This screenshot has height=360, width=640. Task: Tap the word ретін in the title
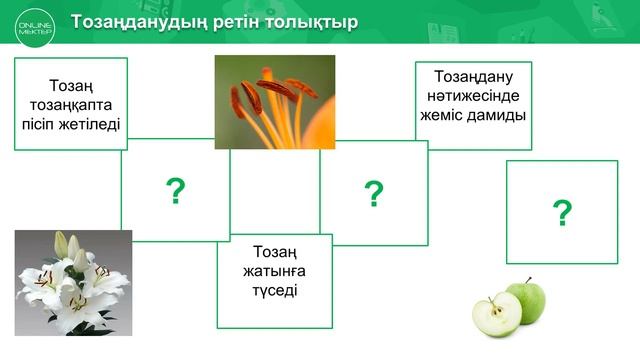pyautogui.click(x=225, y=22)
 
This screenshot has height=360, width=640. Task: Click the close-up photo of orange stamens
pyautogui.click(x=275, y=101)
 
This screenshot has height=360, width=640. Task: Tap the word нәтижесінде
pyautogui.click(x=472, y=95)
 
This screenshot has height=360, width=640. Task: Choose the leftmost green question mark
pyautogui.click(x=176, y=190)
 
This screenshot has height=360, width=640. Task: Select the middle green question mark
pyautogui.click(x=374, y=193)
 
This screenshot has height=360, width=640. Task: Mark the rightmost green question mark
pyautogui.click(x=562, y=212)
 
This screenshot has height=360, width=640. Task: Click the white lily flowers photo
pyautogui.click(x=73, y=282)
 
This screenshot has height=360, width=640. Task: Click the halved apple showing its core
pyautogui.click(x=495, y=314)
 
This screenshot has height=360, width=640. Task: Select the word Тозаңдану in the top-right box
pyautogui.click(x=472, y=76)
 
